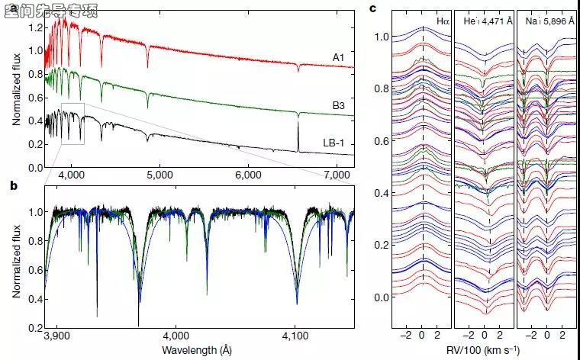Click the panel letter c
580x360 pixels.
372,9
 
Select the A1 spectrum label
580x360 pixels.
339,56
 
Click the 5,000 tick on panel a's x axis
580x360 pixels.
161,175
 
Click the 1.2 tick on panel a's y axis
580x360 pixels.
33,27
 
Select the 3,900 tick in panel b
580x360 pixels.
57,336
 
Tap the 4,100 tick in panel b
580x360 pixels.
295,336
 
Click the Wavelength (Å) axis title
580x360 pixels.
196,350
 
